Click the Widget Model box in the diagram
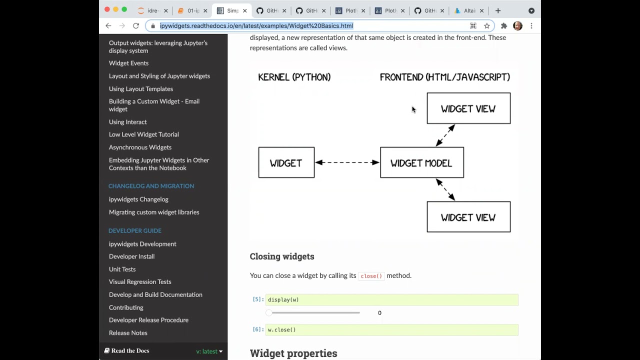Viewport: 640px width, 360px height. [421, 162]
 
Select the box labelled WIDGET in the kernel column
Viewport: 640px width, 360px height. [286, 162]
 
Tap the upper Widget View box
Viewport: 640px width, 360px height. [468, 108]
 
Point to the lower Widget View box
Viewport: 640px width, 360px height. [468, 217]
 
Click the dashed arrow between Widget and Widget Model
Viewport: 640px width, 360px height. [347, 162]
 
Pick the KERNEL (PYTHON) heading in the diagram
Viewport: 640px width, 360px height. [294, 77]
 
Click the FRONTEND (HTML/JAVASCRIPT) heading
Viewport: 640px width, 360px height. [444, 77]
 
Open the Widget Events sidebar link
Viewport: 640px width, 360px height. [128, 63]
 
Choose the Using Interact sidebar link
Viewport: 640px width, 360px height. [127, 122]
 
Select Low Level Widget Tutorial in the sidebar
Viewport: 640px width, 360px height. [143, 134]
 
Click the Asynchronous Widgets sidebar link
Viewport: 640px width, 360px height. [140, 147]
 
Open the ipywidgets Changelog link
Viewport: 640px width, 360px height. [138, 199]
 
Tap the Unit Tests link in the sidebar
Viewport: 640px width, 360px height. [122, 269]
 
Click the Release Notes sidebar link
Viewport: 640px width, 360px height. [128, 333]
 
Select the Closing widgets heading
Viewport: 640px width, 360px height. [282, 256]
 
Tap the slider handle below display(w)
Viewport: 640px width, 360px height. [269, 313]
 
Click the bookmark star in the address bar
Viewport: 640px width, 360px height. [486, 26]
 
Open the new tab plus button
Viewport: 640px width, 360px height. [498, 10]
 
